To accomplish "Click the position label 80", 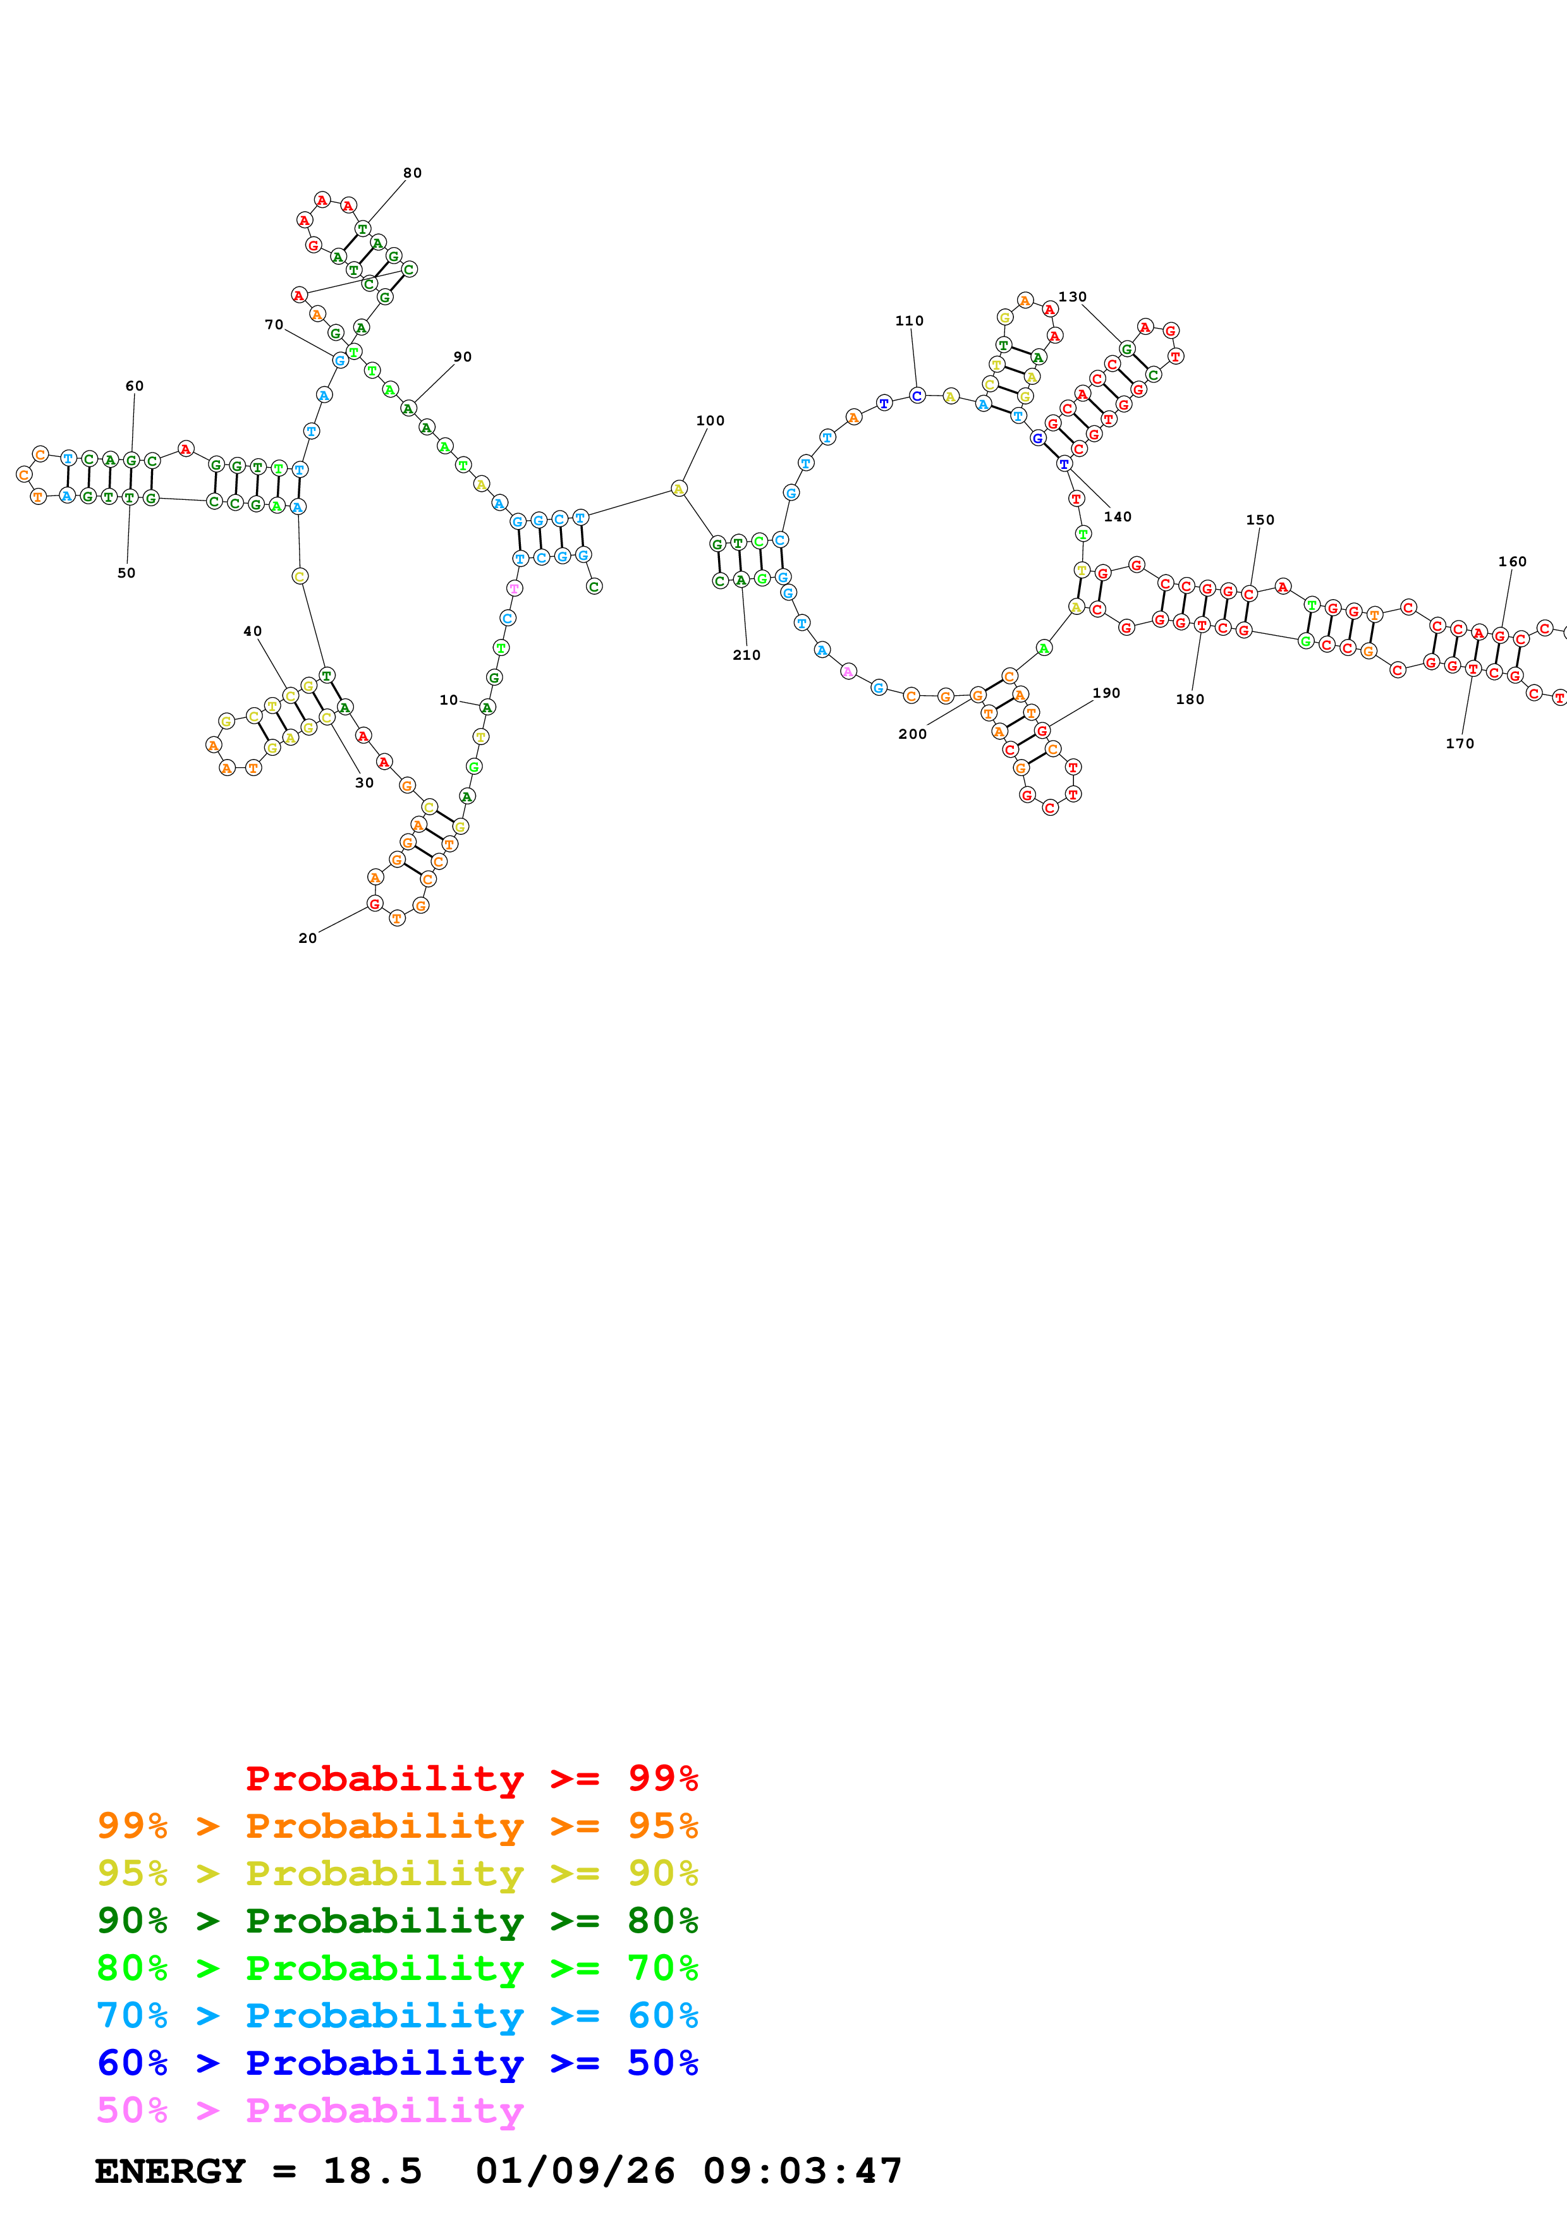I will tap(412, 173).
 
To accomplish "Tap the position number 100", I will tap(710, 420).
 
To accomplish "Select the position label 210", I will tap(747, 655).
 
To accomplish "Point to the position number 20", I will tap(307, 938).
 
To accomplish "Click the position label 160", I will tap(1512, 561).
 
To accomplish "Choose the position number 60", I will tap(134, 386).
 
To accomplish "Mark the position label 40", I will tap(252, 631).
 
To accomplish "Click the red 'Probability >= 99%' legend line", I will tap(471, 1778).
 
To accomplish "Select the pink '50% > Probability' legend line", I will tap(309, 2111).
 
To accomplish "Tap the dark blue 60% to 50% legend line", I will tap(397, 2063).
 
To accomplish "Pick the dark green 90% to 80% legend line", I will tap(397, 1921).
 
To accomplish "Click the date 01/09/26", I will tap(575, 2171).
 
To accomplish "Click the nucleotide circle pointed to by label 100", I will tap(679, 489).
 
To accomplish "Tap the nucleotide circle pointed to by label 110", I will tap(917, 395).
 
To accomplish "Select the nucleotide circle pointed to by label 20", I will tap(375, 904).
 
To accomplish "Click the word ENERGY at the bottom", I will tap(170, 2171).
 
